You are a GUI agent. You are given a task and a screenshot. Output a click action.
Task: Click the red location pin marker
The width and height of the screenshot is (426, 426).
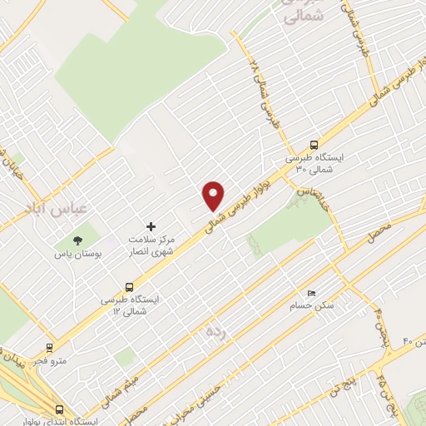[x=214, y=195]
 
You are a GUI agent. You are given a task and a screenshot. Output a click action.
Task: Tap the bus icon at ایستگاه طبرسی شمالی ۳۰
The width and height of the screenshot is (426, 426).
[x=313, y=143]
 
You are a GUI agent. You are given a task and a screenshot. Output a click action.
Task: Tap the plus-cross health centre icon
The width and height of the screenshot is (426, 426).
[x=151, y=225]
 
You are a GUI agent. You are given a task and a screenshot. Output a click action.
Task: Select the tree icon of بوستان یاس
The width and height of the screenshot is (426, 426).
[x=77, y=240]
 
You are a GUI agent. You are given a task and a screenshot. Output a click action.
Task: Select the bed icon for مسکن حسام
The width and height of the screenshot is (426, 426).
[x=311, y=294]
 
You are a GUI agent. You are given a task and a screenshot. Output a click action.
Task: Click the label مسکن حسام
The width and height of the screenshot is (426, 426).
[x=319, y=306]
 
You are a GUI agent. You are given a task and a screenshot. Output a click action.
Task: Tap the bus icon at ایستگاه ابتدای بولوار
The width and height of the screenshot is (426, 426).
[x=58, y=409]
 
